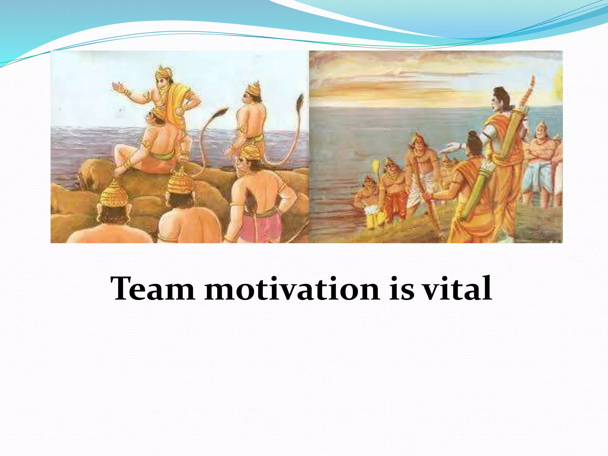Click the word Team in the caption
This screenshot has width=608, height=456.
[153, 289]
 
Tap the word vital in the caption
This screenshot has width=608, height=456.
[457, 289]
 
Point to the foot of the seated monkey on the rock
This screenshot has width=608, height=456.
[119, 171]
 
